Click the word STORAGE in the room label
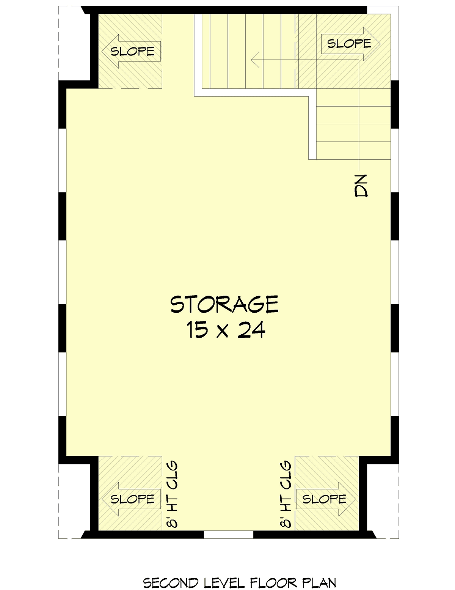click(224, 305)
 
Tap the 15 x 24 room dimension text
click(226, 330)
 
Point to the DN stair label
click(361, 186)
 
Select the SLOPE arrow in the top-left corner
click(132, 51)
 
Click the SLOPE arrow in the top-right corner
click(351, 44)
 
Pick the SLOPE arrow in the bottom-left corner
click(132, 499)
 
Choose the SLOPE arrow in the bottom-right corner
click(326, 499)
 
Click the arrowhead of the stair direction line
click(255, 60)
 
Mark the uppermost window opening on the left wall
click(63, 160)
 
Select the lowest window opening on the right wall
click(395, 384)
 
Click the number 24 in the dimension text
click(251, 330)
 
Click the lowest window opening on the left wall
click(63, 384)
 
